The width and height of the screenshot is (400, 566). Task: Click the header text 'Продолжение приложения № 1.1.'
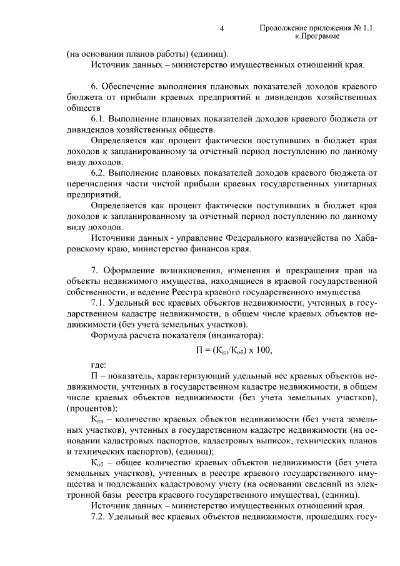(316, 29)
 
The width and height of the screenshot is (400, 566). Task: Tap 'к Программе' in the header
(316, 38)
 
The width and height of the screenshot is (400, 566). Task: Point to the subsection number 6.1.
(99, 118)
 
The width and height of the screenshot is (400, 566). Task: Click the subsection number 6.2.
(99, 172)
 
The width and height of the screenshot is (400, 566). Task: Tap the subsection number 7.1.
(99, 303)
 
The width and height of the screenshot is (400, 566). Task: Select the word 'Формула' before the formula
(110, 336)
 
